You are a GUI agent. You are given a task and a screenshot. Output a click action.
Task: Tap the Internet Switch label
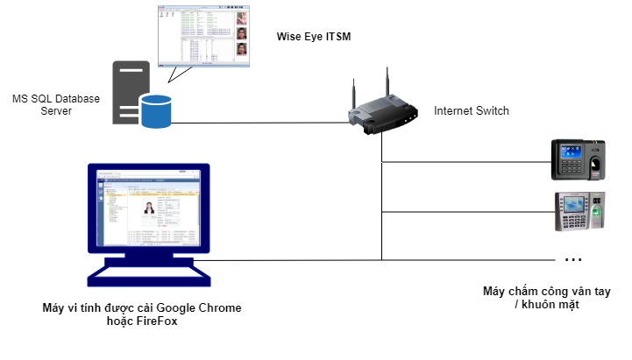click(x=471, y=111)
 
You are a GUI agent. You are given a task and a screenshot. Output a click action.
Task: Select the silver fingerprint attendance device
click(x=579, y=211)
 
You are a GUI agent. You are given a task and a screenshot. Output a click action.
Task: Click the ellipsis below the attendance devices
click(x=573, y=260)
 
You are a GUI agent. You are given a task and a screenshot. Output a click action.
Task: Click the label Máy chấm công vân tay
click(x=546, y=291)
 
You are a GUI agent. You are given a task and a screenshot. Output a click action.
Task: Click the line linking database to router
click(x=263, y=123)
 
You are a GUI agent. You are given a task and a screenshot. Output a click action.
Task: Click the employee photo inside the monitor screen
click(x=148, y=211)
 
